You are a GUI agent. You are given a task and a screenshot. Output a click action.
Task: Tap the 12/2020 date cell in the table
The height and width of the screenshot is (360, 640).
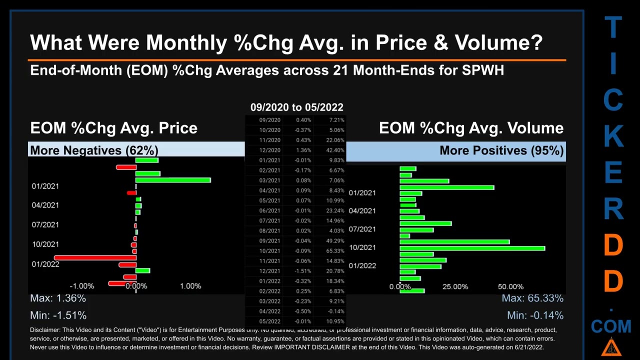(x=269, y=150)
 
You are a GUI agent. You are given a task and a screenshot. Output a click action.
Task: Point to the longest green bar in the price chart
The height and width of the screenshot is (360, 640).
(x=173, y=180)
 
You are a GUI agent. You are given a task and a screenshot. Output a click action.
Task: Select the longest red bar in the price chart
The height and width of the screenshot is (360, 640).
(x=94, y=258)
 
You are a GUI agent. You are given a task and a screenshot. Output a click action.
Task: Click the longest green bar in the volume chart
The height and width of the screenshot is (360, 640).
(x=472, y=248)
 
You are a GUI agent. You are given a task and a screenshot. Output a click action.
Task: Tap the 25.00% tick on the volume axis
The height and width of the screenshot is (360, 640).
(x=455, y=286)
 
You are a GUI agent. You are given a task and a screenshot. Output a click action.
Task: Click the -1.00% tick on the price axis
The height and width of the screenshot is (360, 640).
(x=81, y=286)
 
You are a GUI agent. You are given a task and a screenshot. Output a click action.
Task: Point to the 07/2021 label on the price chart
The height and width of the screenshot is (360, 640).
(x=45, y=224)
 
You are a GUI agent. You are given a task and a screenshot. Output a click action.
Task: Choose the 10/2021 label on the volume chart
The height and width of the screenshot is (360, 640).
(x=362, y=247)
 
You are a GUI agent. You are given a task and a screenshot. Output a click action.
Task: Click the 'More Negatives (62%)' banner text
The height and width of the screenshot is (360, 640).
(x=94, y=150)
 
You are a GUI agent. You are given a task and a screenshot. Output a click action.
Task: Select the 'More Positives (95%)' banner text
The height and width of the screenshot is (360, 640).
(x=501, y=150)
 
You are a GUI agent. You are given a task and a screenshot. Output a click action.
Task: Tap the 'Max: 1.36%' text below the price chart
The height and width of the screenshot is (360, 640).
(x=58, y=298)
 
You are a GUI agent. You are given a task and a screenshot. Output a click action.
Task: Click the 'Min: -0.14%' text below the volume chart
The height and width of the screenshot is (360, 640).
(x=535, y=315)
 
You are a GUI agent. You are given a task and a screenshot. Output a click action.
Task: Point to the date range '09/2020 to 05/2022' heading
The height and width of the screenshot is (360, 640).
(x=296, y=107)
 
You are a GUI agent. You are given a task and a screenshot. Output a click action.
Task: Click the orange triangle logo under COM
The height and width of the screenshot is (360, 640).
(x=610, y=346)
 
